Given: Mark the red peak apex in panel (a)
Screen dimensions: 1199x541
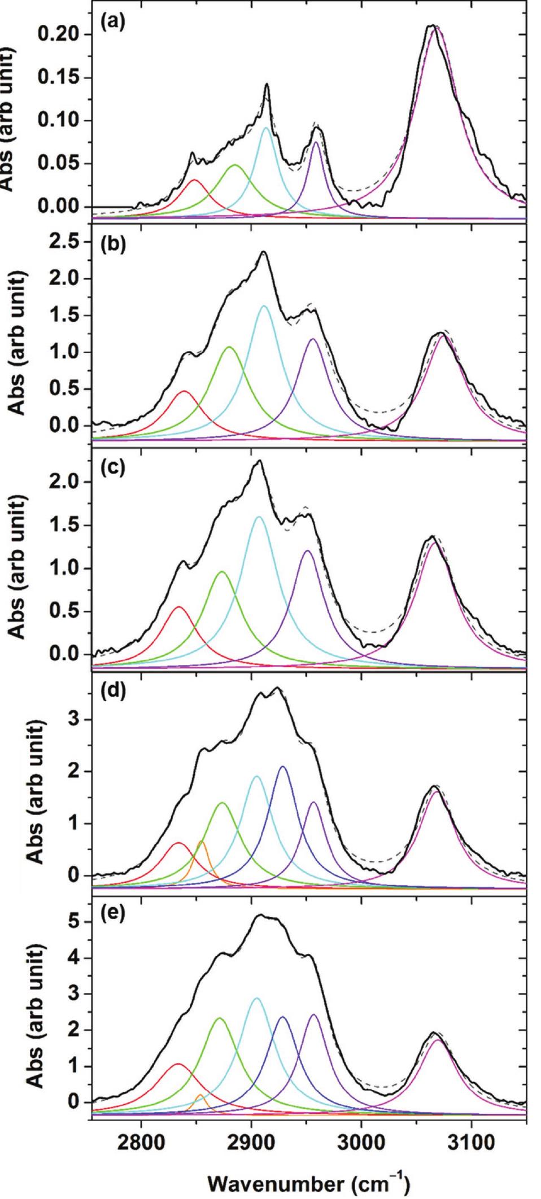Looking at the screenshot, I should tap(195, 180).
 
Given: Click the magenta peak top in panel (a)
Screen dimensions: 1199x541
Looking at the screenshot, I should tap(434, 29).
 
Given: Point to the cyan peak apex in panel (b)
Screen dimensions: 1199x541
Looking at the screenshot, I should tap(264, 306).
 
